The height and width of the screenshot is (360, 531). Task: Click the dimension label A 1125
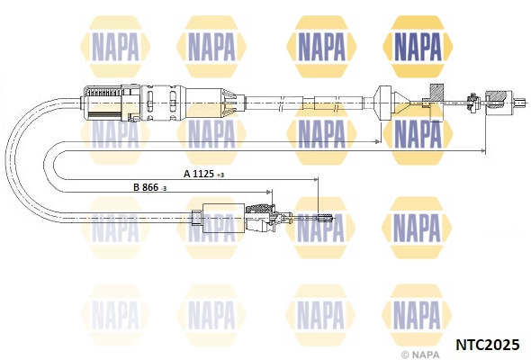(199, 174)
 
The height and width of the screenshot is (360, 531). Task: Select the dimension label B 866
(146, 187)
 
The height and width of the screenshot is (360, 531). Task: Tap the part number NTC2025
(488, 345)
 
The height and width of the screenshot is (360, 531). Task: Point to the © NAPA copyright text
(420, 355)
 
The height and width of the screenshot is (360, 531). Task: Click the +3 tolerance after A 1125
(220, 175)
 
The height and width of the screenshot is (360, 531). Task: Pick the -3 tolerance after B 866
(163, 189)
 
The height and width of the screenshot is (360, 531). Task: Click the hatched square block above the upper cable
(436, 92)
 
